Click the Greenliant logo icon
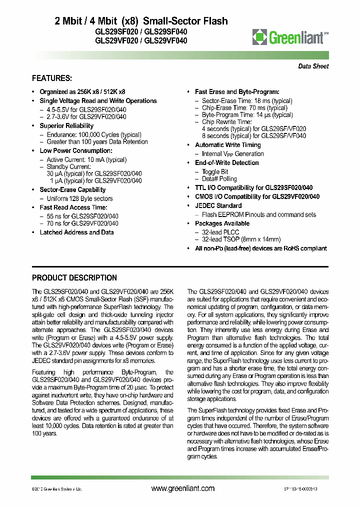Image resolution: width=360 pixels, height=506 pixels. click(x=260, y=36)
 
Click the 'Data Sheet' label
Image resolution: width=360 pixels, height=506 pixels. click(x=313, y=66)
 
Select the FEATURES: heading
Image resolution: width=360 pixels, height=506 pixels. click(x=52, y=78)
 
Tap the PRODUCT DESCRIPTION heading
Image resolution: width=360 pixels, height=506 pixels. click(x=74, y=278)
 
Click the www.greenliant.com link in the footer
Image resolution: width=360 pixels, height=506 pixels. click(x=182, y=488)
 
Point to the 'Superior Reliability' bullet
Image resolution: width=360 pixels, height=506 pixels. click(x=66, y=126)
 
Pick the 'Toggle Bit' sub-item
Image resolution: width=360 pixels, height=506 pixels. click(x=215, y=171)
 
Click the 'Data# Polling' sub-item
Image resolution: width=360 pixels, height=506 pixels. click(x=219, y=179)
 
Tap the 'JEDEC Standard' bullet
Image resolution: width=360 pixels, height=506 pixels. click(x=218, y=205)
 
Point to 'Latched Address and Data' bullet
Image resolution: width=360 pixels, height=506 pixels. click(x=76, y=232)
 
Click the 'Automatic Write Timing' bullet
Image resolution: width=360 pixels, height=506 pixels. click(x=227, y=145)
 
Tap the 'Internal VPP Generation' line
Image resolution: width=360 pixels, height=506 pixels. click(x=232, y=154)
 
